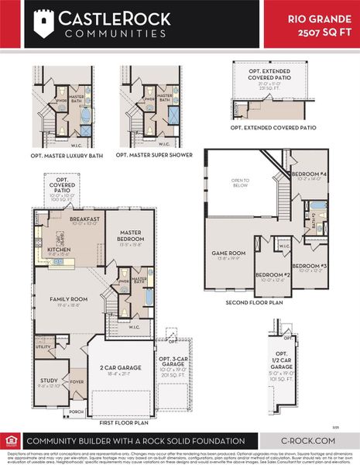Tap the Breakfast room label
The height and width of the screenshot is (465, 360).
[84, 220]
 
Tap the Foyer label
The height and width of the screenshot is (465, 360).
[77, 381]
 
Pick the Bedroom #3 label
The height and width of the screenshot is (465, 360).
[314, 267]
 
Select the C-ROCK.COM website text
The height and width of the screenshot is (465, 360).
[309, 440]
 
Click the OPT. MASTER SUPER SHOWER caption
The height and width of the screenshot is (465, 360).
[152, 155]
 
